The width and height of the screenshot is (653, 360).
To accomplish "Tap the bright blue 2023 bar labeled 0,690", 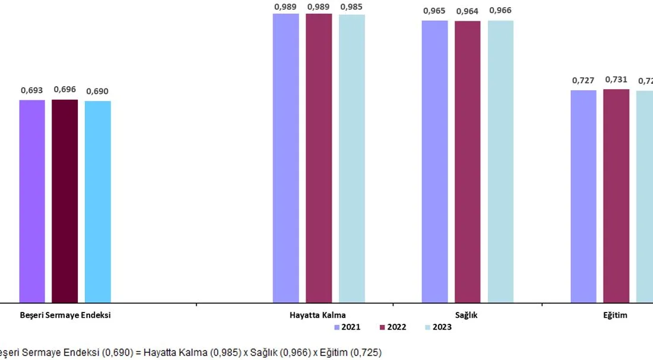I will [97, 201].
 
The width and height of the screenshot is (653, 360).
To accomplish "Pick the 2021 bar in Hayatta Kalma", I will [286, 158].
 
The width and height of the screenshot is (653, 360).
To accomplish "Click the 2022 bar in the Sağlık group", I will [468, 162].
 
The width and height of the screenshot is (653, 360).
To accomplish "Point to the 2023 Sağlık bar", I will [500, 162].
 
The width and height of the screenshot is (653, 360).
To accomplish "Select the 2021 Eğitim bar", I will [584, 196].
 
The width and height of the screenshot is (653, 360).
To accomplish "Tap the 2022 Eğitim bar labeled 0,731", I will [616, 196].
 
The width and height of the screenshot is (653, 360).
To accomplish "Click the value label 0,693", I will [32, 91].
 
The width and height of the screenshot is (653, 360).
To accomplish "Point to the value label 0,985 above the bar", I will [352, 7].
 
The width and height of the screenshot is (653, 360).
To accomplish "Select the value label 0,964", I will [468, 11].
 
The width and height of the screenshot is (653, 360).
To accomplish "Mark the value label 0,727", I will [584, 80].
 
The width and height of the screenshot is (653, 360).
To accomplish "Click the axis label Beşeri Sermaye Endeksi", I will [65, 315].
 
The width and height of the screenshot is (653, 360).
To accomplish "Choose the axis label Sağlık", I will [467, 315].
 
